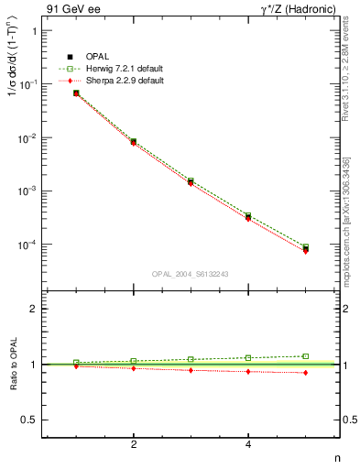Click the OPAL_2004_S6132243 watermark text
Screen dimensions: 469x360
click(191, 274)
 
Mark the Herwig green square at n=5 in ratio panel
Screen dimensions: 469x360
click(305, 355)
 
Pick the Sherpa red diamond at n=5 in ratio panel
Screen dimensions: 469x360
click(305, 373)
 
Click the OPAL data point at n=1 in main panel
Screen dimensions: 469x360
click(76, 93)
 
